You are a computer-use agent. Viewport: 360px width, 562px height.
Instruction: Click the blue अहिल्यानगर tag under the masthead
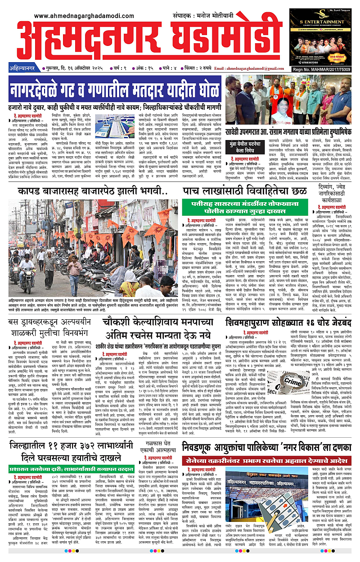[23, 68]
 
